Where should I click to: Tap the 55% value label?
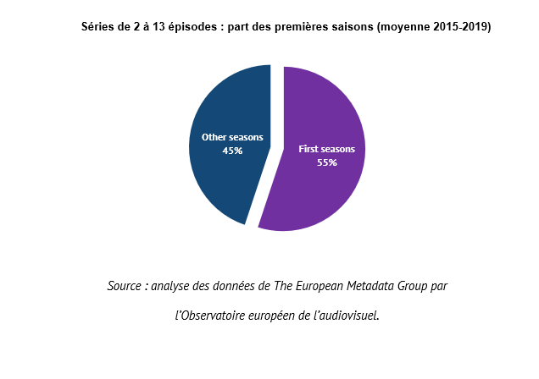coord(327,162)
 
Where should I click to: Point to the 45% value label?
coord(232,151)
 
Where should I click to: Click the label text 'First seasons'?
coord(327,149)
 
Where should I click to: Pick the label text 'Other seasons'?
coord(232,137)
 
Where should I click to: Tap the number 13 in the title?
coord(159,27)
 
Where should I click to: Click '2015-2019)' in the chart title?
coord(462,27)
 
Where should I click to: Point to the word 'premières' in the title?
coord(300,27)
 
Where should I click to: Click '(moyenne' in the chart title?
coord(403,27)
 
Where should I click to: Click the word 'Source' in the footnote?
coord(124,286)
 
